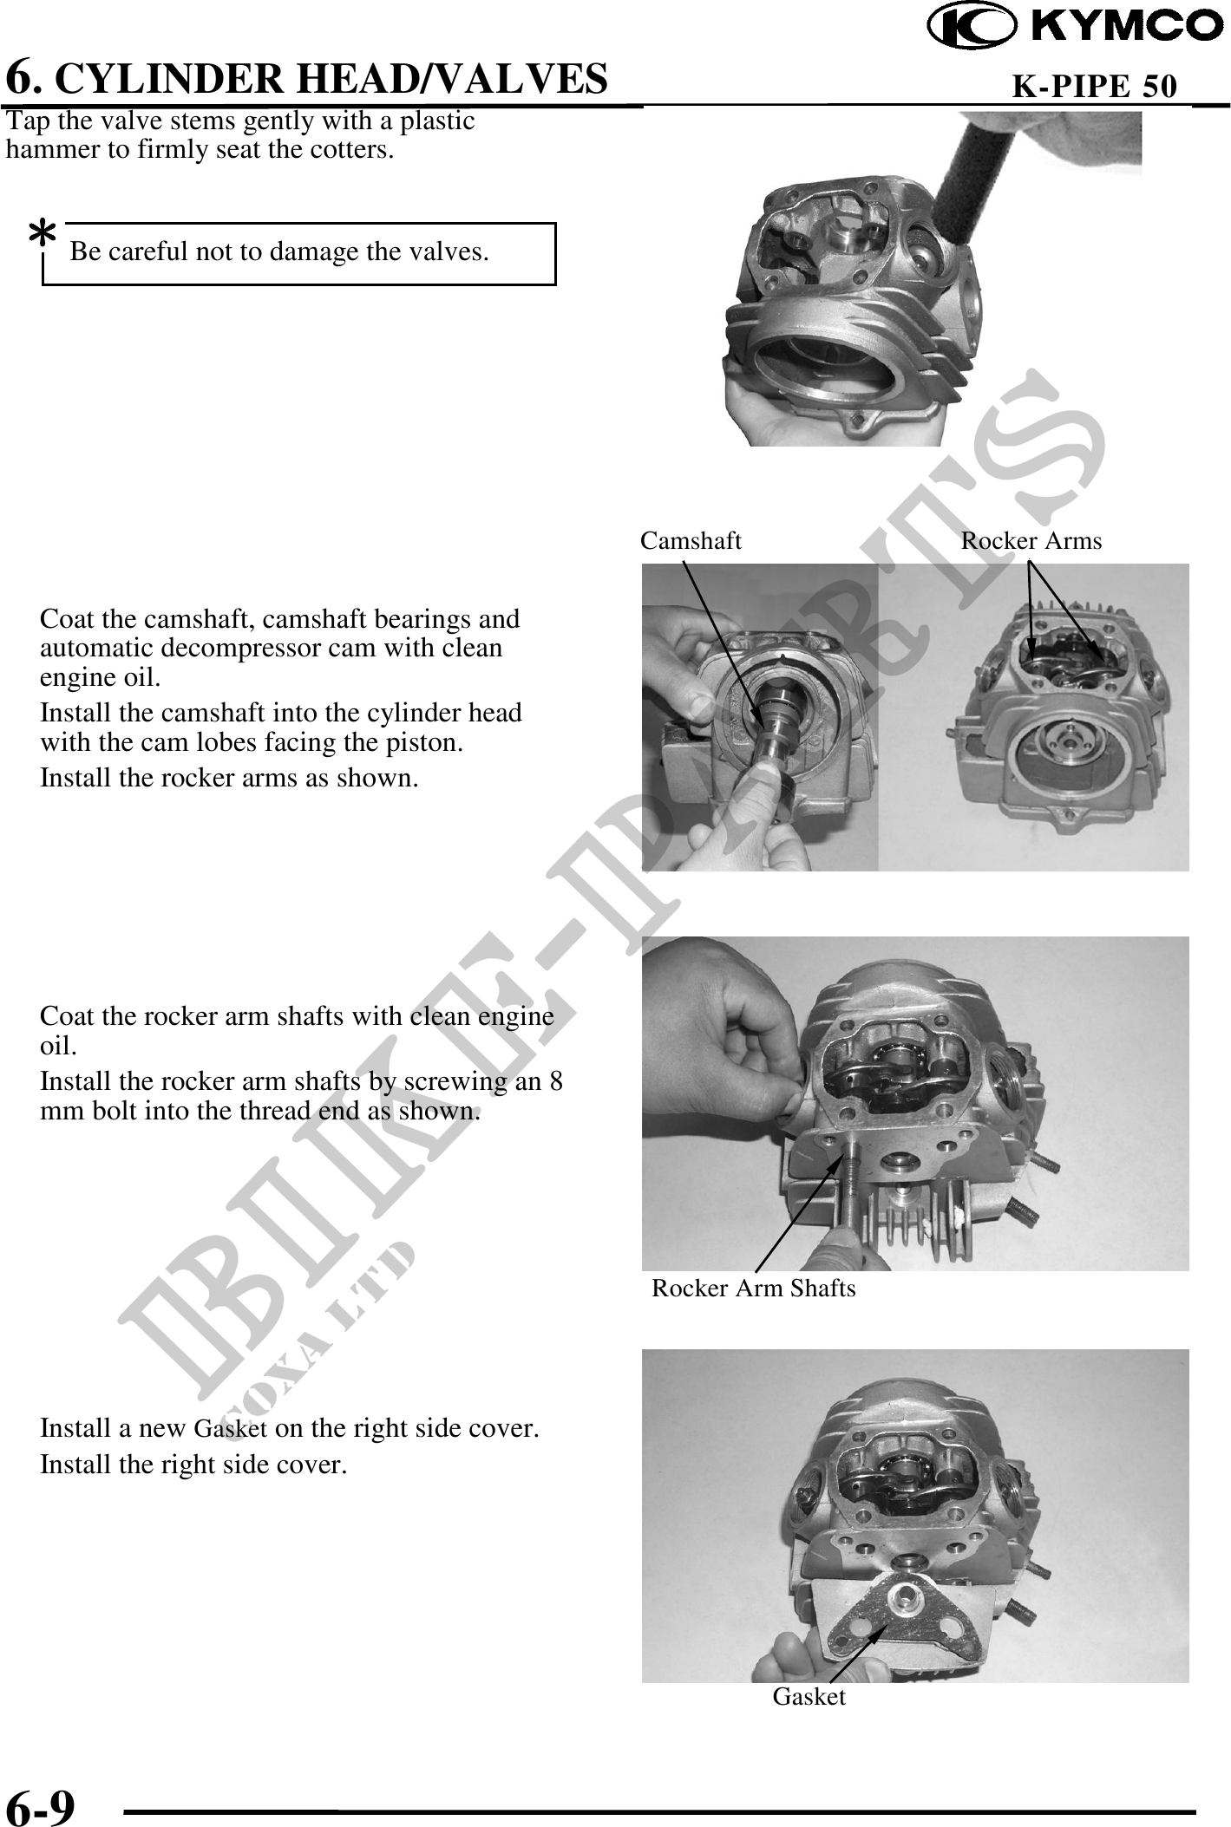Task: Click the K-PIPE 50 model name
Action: point(1095,86)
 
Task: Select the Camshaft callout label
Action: point(691,541)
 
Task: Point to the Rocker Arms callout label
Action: point(1031,541)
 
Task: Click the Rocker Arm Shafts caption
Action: point(753,1289)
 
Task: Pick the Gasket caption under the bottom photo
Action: point(809,1697)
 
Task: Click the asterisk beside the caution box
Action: point(43,233)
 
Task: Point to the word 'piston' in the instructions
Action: point(427,743)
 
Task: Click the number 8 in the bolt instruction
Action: point(556,1082)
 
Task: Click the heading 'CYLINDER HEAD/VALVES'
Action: point(336,78)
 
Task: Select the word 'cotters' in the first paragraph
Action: point(351,150)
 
